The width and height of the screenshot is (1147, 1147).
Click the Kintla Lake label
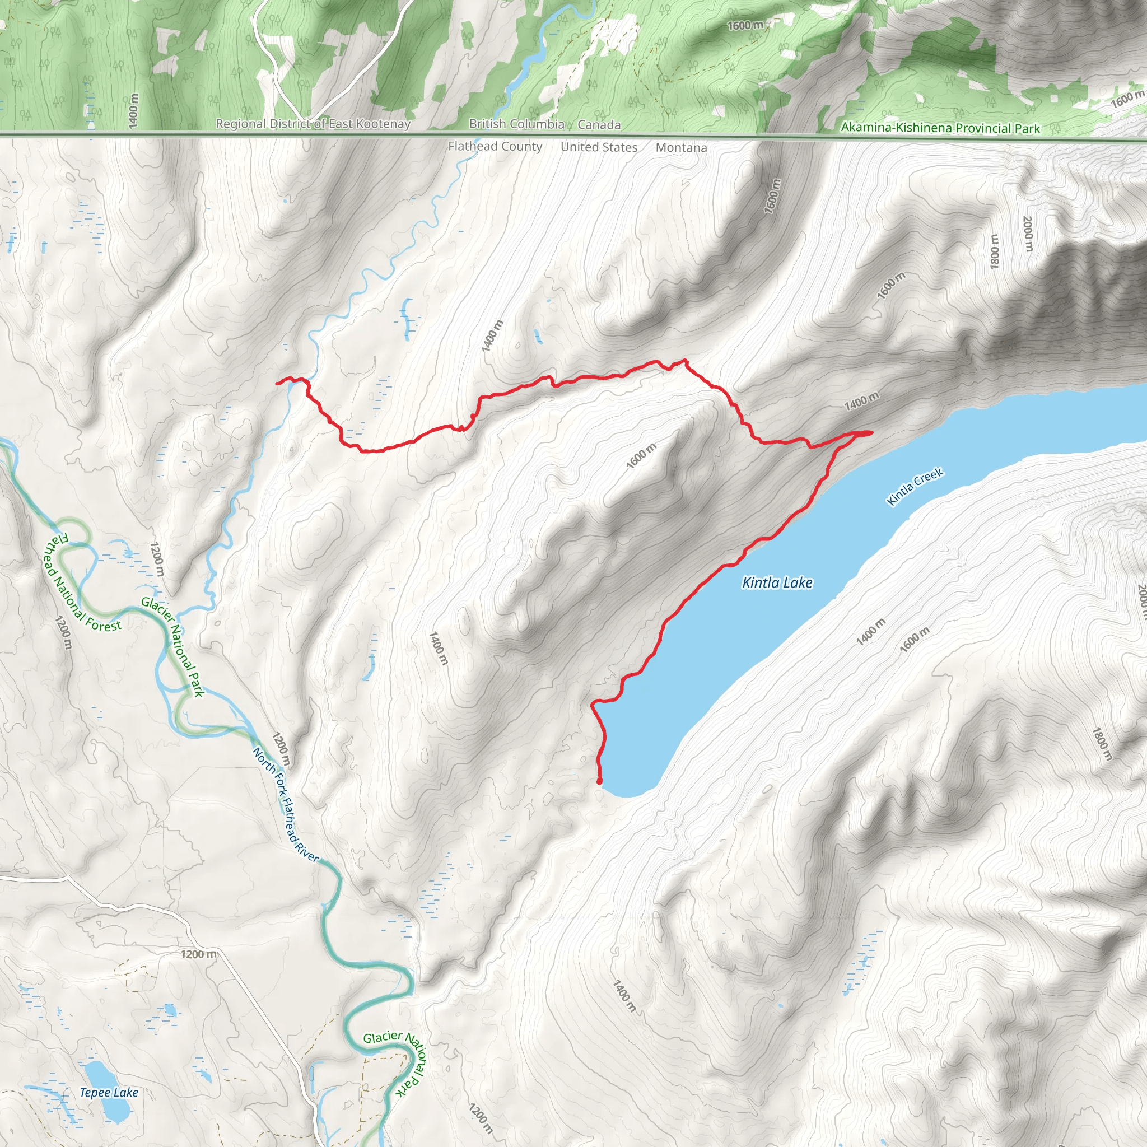[x=777, y=583]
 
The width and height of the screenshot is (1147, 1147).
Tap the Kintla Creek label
[x=915, y=487]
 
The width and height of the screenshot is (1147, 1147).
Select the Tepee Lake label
[x=109, y=1092]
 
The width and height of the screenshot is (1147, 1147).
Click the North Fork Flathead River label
[x=285, y=804]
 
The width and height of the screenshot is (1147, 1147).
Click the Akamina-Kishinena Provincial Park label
[x=940, y=128]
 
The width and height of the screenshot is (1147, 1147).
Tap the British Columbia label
[x=516, y=124]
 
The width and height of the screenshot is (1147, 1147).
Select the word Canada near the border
[x=599, y=125]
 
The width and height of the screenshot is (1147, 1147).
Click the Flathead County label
[x=495, y=146]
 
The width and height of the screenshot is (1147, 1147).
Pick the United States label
[x=599, y=147]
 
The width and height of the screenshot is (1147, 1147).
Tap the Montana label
[x=681, y=147]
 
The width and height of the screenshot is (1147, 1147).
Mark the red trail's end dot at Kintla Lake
[x=600, y=781]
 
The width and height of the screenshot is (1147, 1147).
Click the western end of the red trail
[x=278, y=383]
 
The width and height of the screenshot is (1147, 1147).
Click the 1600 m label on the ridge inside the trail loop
[x=641, y=455]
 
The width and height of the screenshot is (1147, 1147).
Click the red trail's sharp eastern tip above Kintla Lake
[x=870, y=433]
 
